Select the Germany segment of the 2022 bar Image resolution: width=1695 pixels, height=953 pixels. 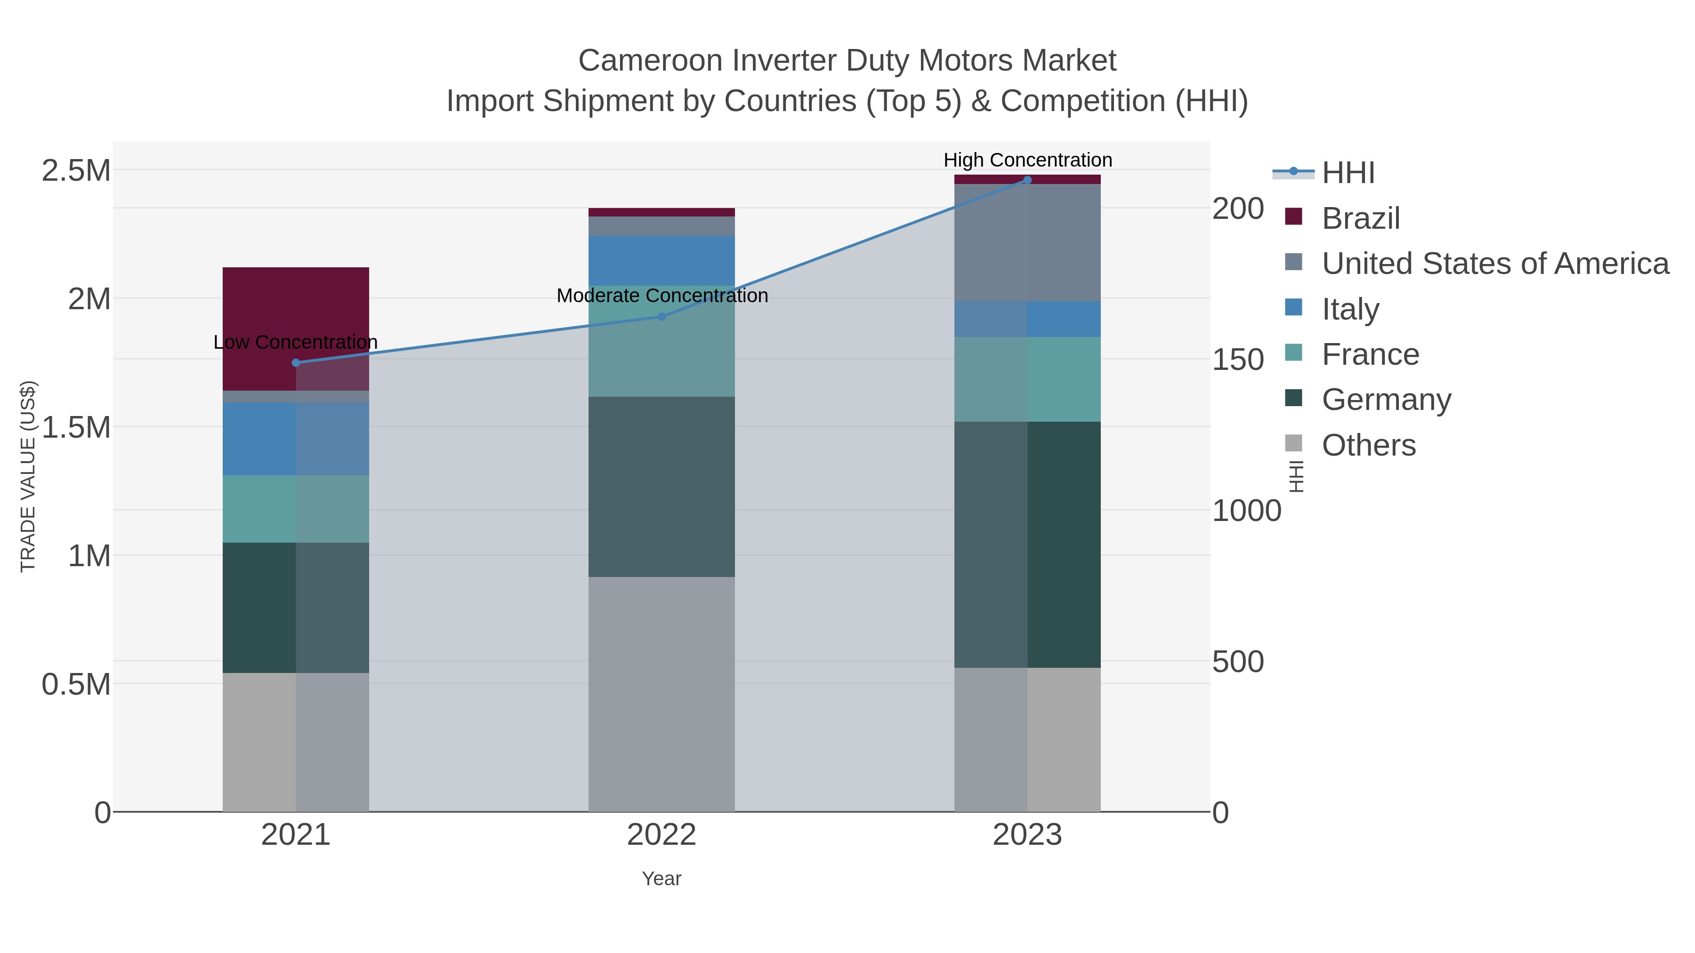click(662, 487)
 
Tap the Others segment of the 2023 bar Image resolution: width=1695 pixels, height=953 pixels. click(1027, 739)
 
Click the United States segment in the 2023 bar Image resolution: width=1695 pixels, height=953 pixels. click(1027, 243)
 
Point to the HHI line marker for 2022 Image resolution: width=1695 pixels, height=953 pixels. click(662, 316)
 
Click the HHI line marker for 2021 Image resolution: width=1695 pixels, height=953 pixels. click(296, 362)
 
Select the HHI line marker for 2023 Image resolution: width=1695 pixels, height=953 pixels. click(1027, 180)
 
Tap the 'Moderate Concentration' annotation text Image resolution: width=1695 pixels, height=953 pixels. click(662, 295)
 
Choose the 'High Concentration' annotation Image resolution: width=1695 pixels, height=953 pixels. click(1027, 160)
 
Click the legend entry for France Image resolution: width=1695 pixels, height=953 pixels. click(1370, 354)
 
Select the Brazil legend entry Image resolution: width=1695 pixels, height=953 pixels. click(1360, 218)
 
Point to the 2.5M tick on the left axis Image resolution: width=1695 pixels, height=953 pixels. click(76, 171)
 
